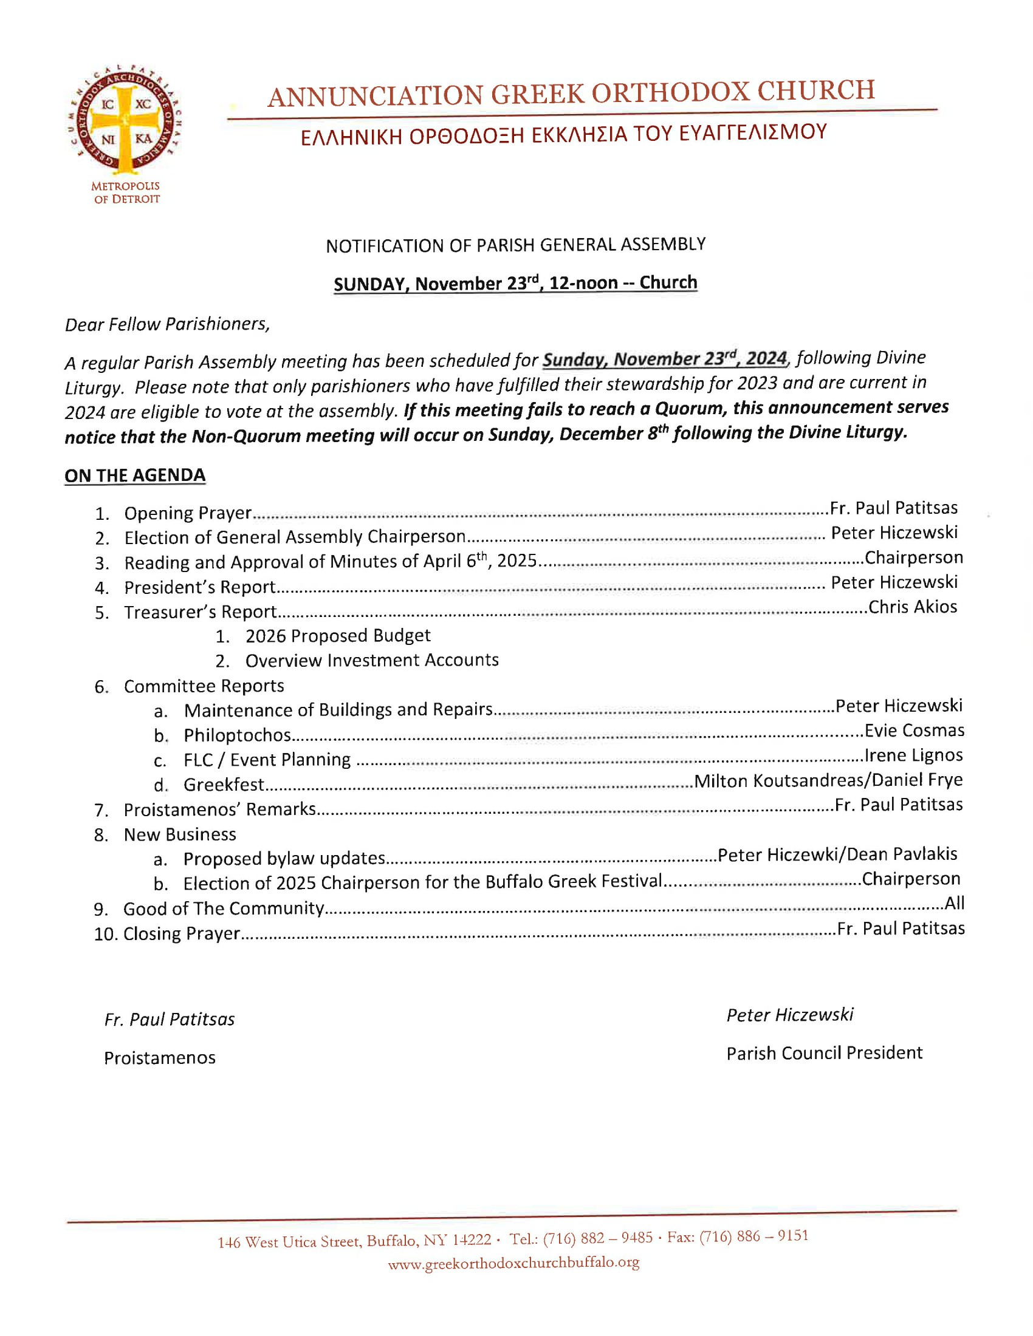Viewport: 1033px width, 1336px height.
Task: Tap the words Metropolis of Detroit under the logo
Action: click(x=126, y=192)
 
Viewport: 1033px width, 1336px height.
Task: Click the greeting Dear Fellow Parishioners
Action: click(x=167, y=324)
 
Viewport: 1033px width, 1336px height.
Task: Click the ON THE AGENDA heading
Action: click(x=135, y=475)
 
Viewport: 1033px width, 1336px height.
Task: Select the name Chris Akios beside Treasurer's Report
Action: click(x=913, y=607)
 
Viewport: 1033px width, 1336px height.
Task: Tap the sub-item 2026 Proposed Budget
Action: click(x=338, y=636)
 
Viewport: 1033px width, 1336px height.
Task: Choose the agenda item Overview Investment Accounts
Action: click(x=371, y=661)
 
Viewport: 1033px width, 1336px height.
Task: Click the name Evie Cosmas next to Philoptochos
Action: click(x=915, y=731)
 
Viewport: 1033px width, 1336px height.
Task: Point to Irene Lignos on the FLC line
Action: click(x=914, y=755)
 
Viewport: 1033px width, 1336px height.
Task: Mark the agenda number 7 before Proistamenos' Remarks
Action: click(x=100, y=811)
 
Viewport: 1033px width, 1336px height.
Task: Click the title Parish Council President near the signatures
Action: click(x=824, y=1053)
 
